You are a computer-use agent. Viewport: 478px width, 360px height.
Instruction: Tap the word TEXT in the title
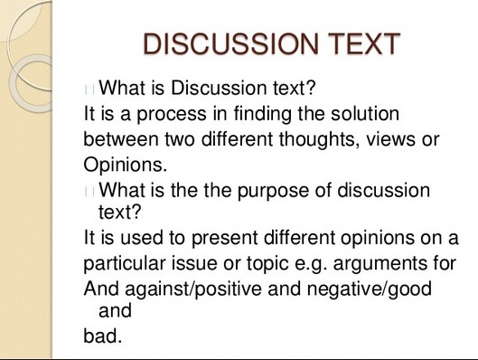click(x=355, y=44)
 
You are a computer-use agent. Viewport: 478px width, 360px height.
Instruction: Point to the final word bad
click(x=102, y=336)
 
